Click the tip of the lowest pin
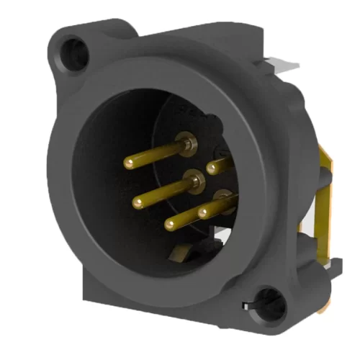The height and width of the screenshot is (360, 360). click(169, 225)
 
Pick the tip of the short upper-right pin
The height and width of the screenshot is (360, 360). click(212, 168)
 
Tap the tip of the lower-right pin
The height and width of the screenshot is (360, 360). click(204, 212)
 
